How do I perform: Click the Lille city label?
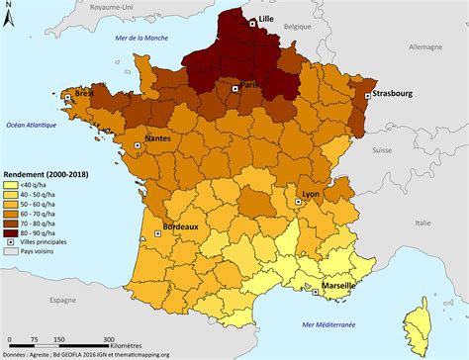pyautogui.click(x=264, y=19)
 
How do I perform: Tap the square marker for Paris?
pyautogui.click(x=234, y=88)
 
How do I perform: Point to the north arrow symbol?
pyautogui.click(x=11, y=21)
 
